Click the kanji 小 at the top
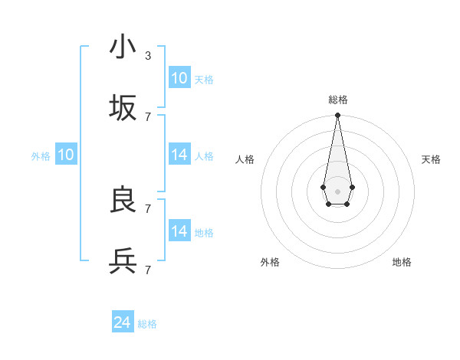(x=123, y=47)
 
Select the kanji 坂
(x=123, y=108)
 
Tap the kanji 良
(x=123, y=200)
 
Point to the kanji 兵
(x=123, y=261)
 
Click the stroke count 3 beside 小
(x=148, y=55)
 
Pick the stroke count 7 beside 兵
(x=148, y=270)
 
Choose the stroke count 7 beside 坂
(x=148, y=116)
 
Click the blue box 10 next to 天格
(x=179, y=78)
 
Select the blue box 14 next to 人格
(x=179, y=155)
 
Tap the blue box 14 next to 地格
(x=179, y=231)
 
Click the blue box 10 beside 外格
(x=66, y=155)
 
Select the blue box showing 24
(x=123, y=322)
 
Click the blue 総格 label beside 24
(x=147, y=324)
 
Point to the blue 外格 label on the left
(x=41, y=156)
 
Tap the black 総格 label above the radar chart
(x=337, y=100)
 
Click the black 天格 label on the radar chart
(x=431, y=159)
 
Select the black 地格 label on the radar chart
(x=402, y=262)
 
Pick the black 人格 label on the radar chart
(x=245, y=159)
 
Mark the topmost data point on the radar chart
(x=337, y=116)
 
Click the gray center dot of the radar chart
(x=337, y=190)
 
